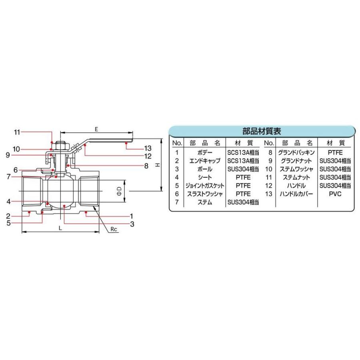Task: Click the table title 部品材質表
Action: click(262, 131)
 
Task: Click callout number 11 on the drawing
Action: click(16, 132)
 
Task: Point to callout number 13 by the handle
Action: click(136, 148)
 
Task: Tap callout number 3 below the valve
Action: click(132, 224)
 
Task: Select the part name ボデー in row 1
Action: click(205, 152)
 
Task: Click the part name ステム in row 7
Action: click(205, 202)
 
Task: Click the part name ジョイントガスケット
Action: click(205, 186)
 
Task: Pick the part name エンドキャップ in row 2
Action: click(205, 161)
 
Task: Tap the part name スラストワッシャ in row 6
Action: click(205, 194)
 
